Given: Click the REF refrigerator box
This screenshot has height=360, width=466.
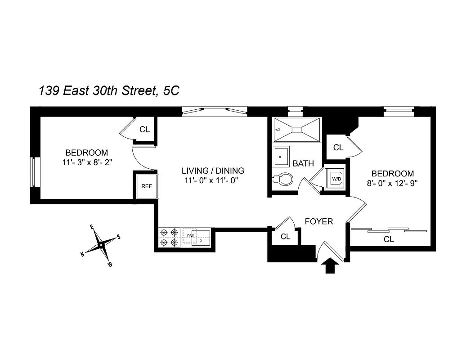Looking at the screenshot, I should click(x=147, y=185).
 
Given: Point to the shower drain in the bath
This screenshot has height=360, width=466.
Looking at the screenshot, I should click(x=297, y=130).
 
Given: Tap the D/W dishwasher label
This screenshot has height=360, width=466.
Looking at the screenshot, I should click(x=190, y=235).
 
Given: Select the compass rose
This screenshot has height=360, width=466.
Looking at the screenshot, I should click(x=101, y=245).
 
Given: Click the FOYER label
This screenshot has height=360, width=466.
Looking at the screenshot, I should click(x=319, y=221).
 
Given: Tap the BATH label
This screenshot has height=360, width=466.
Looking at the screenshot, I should click(x=303, y=163).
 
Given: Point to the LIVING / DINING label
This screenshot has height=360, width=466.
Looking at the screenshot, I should click(x=213, y=171).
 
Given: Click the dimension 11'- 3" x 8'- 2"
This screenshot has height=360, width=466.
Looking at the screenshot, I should click(x=87, y=162).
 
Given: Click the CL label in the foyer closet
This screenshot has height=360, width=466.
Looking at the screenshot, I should click(x=285, y=236).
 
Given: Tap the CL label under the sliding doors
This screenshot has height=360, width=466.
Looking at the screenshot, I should click(x=389, y=239).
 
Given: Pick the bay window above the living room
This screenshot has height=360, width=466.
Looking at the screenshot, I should click(x=214, y=111).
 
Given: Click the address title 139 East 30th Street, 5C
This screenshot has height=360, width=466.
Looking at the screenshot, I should click(x=109, y=91).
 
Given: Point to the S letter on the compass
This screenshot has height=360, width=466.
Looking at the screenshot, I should click(x=119, y=237).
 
